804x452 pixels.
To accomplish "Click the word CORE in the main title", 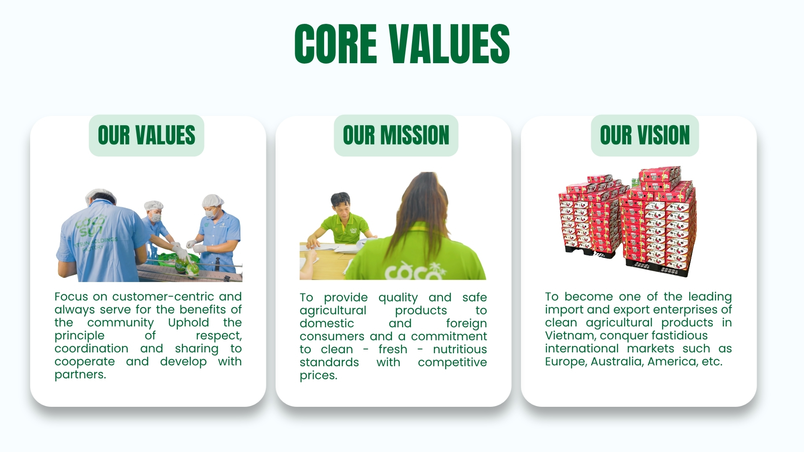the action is click(336, 44).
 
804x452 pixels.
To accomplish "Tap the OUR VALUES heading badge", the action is click(147, 135).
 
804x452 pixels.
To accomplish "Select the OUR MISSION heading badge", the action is click(396, 135).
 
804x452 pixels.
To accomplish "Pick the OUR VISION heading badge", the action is click(645, 135).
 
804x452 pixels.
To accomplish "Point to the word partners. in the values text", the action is click(80, 375).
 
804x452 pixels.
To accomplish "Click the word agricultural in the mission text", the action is click(333, 311).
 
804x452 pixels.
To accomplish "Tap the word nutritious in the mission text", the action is click(460, 349).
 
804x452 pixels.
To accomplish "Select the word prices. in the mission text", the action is click(318, 375).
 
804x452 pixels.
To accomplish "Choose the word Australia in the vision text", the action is click(617, 362).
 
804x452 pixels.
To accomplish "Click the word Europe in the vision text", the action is click(566, 362).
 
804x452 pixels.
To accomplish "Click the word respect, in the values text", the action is click(219, 336).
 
